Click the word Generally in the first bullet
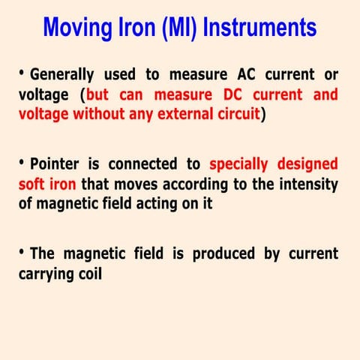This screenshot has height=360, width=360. pyautogui.click(x=62, y=75)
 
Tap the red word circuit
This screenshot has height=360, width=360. pyautogui.click(x=235, y=115)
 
